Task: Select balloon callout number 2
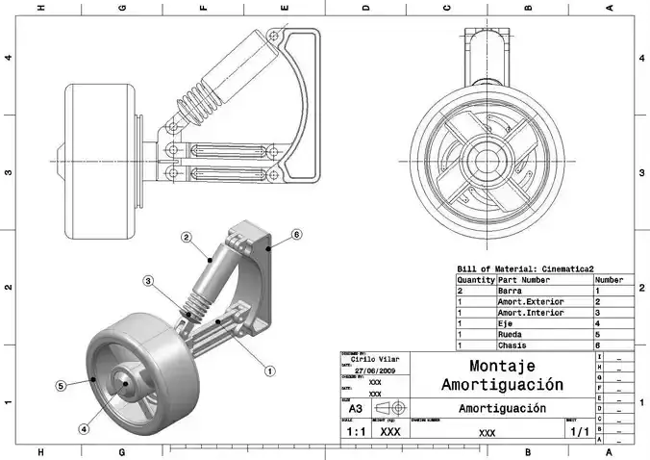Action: pos(187,237)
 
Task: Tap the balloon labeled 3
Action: pos(148,281)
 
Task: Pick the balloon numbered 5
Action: pos(60,385)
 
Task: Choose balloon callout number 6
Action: pos(296,234)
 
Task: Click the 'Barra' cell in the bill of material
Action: pos(510,290)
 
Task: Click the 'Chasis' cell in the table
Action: pos(512,345)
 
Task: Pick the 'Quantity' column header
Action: pos(475,279)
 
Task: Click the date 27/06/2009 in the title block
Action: pos(374,371)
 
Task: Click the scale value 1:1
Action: pos(355,432)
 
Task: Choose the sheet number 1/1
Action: pos(580,433)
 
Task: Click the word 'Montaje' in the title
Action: pos(501,366)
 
